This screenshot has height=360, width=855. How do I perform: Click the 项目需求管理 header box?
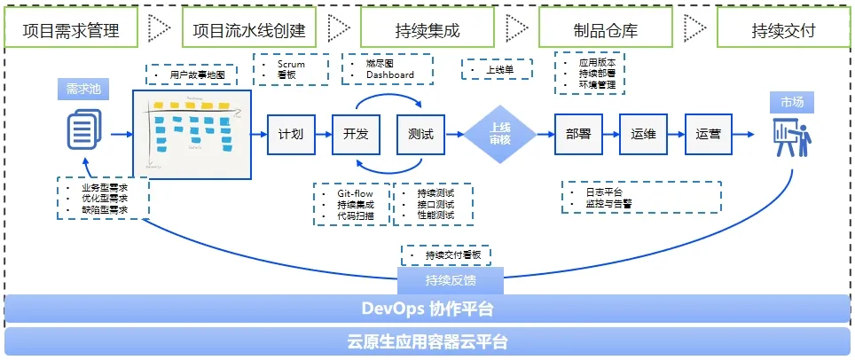[x=72, y=30]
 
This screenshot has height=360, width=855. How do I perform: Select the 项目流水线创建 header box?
[x=249, y=30]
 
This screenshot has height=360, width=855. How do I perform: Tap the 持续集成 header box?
[x=426, y=30]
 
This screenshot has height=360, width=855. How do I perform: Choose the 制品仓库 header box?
[x=606, y=30]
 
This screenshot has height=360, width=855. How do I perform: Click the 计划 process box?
[x=291, y=135]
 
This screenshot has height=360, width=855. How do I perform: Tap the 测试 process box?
[x=420, y=135]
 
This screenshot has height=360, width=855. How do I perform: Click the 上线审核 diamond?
[x=500, y=135]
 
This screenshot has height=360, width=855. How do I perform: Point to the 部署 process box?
[x=578, y=135]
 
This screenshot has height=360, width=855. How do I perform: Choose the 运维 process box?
[x=643, y=135]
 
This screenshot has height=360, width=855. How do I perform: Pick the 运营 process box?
[x=709, y=135]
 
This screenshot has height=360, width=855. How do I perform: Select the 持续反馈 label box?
[x=451, y=282]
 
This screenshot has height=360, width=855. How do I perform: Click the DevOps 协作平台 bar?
[x=427, y=309]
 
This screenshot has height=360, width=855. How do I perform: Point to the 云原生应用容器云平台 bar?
[x=427, y=341]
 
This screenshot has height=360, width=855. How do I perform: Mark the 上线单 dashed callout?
[x=497, y=69]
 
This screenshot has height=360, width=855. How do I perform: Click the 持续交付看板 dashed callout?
[x=446, y=254]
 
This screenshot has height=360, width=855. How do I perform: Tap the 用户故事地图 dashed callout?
[x=191, y=75]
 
